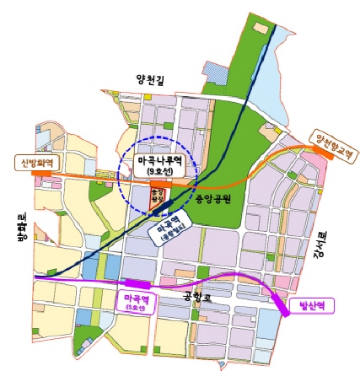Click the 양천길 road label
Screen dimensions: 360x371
coord(153,80)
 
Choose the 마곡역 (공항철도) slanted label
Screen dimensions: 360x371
coord(175,230)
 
